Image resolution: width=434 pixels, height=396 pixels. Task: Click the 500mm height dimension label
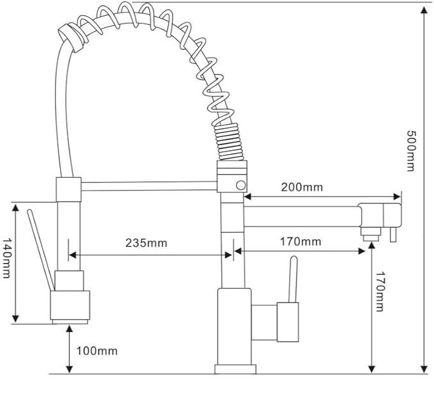point(411,151)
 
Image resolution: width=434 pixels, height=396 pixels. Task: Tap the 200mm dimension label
point(302,187)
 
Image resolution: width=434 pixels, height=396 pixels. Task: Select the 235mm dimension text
point(146,243)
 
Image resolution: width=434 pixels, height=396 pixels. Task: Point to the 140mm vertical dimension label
point(6,258)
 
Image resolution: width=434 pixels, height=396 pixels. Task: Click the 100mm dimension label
point(97,351)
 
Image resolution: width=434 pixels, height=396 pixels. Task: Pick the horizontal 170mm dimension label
point(300,242)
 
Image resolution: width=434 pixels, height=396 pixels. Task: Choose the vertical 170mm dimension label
point(380,291)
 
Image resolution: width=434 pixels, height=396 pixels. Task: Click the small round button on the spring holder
point(241,186)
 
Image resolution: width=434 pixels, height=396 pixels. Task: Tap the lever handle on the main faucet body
point(293,280)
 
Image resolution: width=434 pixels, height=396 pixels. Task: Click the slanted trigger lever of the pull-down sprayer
point(41,250)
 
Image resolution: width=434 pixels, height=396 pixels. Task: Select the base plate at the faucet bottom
point(235,369)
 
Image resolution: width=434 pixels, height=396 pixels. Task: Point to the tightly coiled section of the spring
point(229,142)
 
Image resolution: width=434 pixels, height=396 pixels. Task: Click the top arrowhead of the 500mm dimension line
point(424,10)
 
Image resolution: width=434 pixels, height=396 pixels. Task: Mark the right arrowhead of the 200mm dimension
point(397,197)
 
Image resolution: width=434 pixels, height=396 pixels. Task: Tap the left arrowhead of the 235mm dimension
point(72,255)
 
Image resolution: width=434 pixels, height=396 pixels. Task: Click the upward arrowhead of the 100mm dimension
point(70,329)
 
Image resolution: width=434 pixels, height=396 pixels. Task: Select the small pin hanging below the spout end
point(393,234)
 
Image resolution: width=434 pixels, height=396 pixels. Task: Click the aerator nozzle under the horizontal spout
point(371,234)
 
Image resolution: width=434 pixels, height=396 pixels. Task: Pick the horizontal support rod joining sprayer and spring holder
point(149,186)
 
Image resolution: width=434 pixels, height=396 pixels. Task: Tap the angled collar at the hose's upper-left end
point(70,38)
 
